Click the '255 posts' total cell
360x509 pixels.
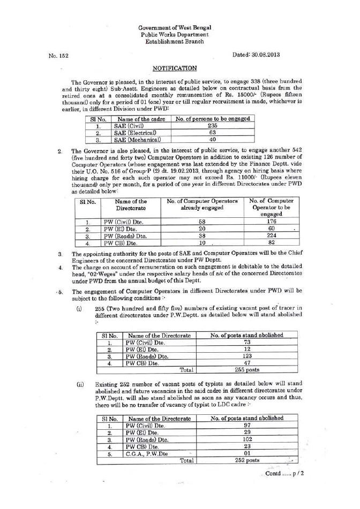tap(247, 369)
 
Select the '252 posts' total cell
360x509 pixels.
tap(247, 460)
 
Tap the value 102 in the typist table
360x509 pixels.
tap(247, 437)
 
